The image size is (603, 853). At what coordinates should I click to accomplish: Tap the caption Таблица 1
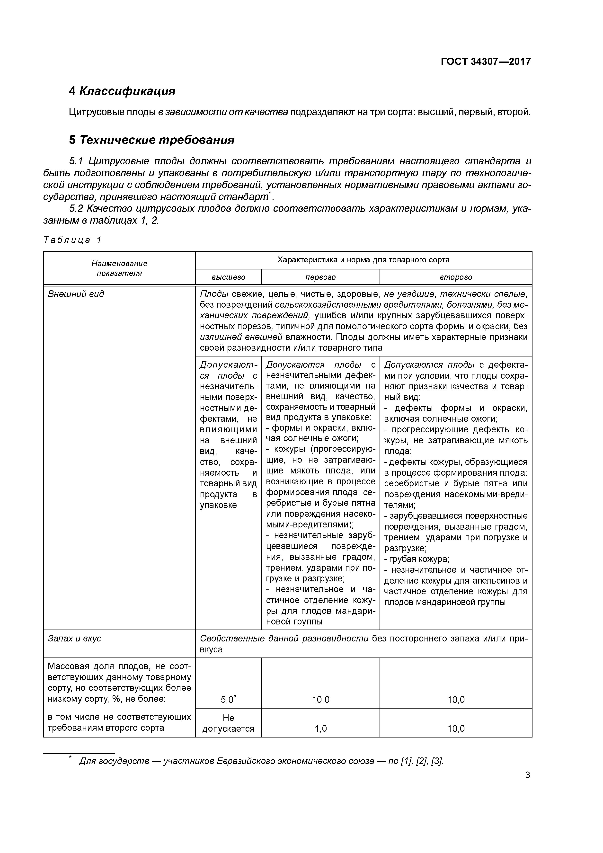(x=72, y=240)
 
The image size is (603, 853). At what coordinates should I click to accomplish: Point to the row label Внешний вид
(x=76, y=294)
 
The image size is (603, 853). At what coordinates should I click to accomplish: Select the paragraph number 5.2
(x=77, y=209)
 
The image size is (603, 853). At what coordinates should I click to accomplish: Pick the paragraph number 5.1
(x=77, y=161)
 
